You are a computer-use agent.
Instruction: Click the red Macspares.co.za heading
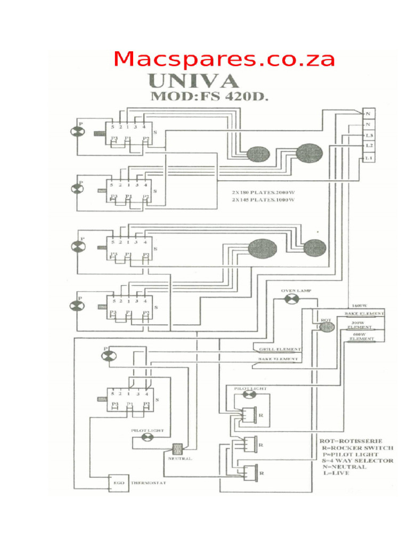224,59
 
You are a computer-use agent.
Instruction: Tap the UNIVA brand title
193,82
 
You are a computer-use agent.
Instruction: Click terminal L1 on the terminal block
369,158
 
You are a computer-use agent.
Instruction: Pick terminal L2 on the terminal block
369,146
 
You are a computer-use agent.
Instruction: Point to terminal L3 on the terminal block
369,135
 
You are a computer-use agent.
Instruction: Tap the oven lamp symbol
291,299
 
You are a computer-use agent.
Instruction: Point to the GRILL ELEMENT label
280,350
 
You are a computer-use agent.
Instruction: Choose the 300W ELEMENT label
359,325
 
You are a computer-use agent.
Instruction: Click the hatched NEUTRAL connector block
177,449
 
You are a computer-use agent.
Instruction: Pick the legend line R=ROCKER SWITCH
357,447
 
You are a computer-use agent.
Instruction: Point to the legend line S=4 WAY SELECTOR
358,460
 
